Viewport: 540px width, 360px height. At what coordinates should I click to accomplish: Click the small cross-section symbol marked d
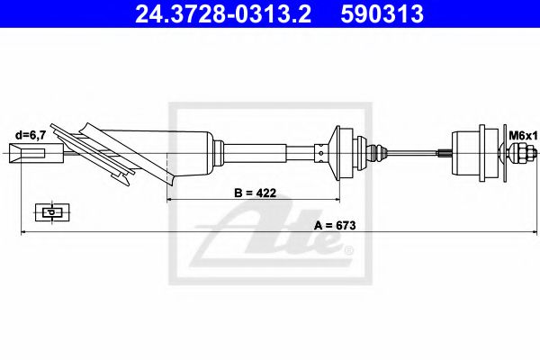(x=49, y=212)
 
